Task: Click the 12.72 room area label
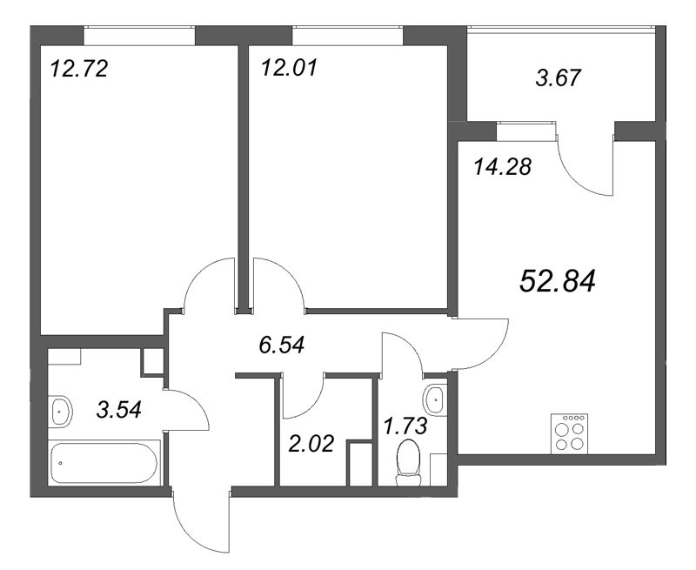tap(79, 69)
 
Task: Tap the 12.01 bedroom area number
tap(290, 68)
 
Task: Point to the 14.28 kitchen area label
tap(503, 167)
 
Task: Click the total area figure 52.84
tap(558, 281)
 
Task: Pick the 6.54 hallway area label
tap(282, 345)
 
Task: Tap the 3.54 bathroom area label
tap(119, 409)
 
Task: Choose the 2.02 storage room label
tap(311, 444)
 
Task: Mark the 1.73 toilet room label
tap(405, 426)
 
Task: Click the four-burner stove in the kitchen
tap(570, 433)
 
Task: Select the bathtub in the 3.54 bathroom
tap(104, 463)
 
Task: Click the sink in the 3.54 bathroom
tap(60, 411)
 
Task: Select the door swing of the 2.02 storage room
tap(306, 404)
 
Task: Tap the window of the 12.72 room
tap(139, 36)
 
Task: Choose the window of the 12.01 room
tap(347, 36)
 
